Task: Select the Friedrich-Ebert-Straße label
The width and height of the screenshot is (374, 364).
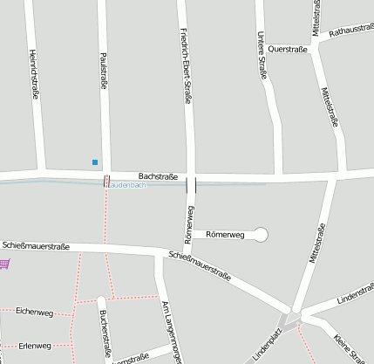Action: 186,65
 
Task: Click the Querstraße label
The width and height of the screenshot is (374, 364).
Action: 289,50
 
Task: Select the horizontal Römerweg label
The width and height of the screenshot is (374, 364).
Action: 226,235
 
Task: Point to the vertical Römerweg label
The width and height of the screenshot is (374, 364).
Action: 189,224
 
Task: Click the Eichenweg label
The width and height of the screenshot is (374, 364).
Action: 35,311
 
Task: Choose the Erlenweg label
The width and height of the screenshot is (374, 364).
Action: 35,346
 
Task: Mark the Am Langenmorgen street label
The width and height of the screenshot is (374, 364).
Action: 171,333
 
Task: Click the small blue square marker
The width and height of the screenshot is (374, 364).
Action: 94,161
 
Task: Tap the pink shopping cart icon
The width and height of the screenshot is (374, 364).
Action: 5,263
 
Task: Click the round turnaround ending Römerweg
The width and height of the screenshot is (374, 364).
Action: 260,234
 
